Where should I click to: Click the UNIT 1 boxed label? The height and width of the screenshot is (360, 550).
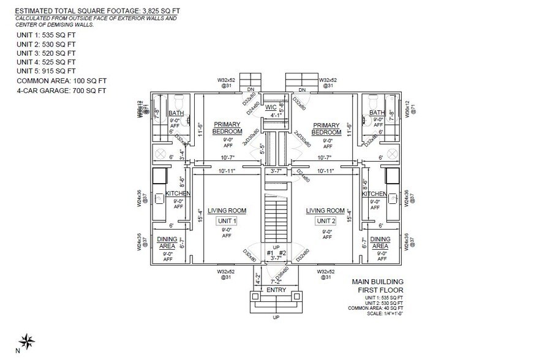coord(227,221)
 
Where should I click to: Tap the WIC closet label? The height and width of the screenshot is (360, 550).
coord(271,107)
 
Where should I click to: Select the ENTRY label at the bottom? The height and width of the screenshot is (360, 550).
coord(276,290)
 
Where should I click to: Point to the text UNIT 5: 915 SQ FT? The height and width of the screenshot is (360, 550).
coord(47,71)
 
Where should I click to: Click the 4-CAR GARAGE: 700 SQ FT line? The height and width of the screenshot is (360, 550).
coord(61,91)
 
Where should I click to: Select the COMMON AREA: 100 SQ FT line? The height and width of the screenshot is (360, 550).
coord(61,81)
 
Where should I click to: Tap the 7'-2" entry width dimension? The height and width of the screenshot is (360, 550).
coord(276,282)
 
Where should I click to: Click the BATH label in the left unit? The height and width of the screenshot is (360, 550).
coord(176,113)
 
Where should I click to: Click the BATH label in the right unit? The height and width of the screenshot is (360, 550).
coord(377,113)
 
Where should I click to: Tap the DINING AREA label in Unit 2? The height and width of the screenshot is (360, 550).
coord(380,242)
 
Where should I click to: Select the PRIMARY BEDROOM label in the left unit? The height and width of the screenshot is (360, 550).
coord(227,127)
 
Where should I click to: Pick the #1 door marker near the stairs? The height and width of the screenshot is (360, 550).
coord(270,252)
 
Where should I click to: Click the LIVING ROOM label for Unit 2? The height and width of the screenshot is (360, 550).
coord(326,211)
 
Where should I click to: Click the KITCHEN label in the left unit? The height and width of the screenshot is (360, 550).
coord(178,194)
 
